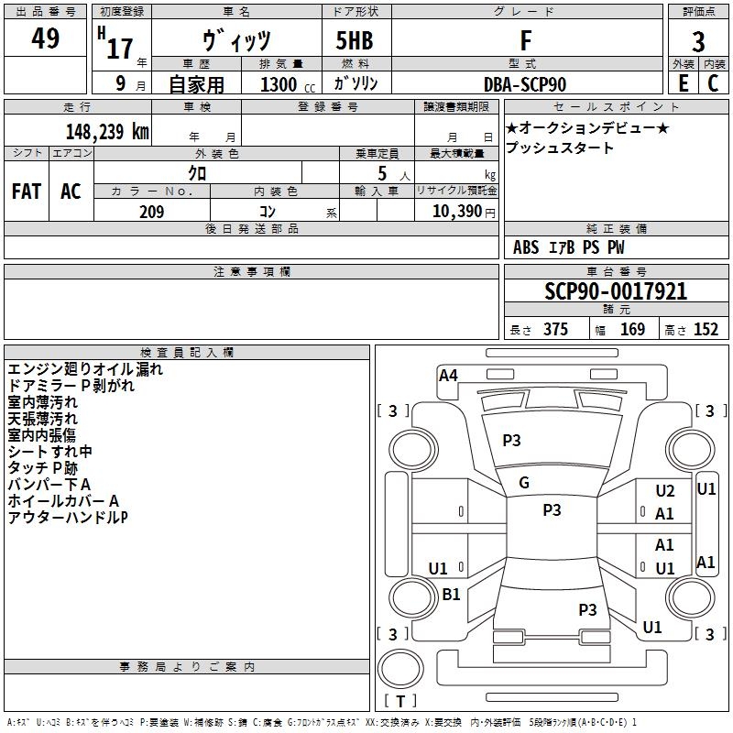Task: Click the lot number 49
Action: tap(46, 38)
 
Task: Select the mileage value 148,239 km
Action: tap(106, 131)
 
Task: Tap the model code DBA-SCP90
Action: tap(525, 84)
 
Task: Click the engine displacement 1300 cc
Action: tap(279, 84)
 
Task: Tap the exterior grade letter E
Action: tap(683, 83)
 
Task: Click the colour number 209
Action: tap(151, 212)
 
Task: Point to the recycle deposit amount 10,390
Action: tap(454, 212)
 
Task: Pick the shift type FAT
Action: tap(27, 191)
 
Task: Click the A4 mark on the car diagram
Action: tap(448, 375)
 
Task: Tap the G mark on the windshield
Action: tap(524, 483)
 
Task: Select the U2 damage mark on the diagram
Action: tap(665, 491)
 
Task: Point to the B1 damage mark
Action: tap(451, 595)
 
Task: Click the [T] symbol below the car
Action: tap(399, 702)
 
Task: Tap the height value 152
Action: tap(706, 330)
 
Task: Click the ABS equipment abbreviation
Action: tap(526, 247)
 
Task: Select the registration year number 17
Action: tap(120, 48)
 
